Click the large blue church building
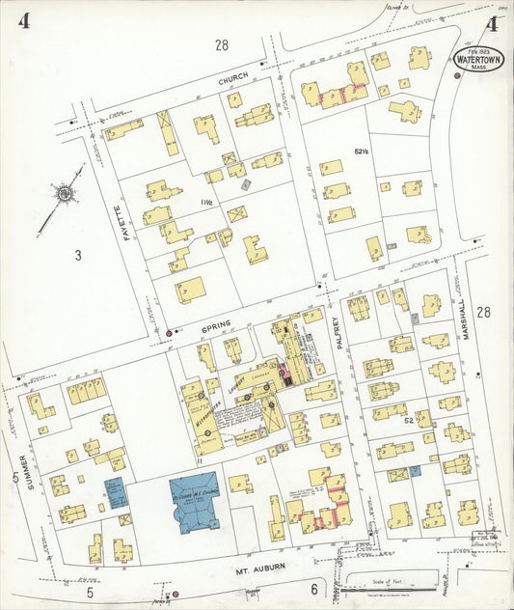click(195, 501)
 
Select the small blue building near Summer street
click(116, 492)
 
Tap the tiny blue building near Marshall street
click(416, 471)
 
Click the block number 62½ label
click(362, 152)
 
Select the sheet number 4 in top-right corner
click(493, 23)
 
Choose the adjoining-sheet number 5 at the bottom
click(90, 591)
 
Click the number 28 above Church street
click(222, 44)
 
